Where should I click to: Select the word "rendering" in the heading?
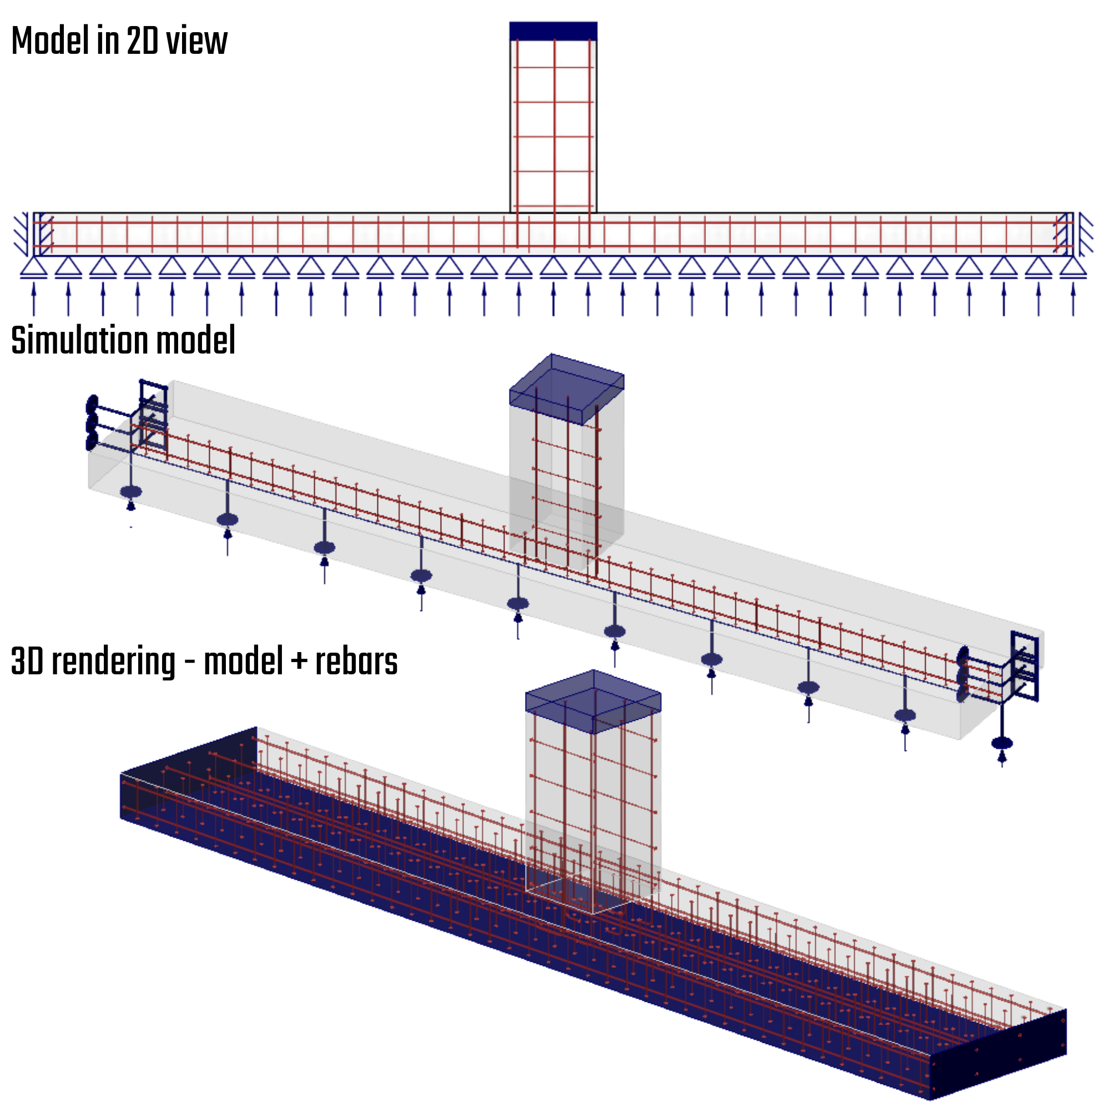[114, 662]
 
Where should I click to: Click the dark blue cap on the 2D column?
[553, 31]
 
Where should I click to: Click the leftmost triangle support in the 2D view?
[34, 267]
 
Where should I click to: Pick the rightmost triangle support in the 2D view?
[1073, 267]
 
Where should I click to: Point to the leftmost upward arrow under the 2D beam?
[34, 297]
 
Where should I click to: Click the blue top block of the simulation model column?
[567, 389]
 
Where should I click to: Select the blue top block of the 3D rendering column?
[593, 701]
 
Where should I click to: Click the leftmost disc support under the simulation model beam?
[131, 492]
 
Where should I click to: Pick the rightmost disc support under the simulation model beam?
[1002, 743]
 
